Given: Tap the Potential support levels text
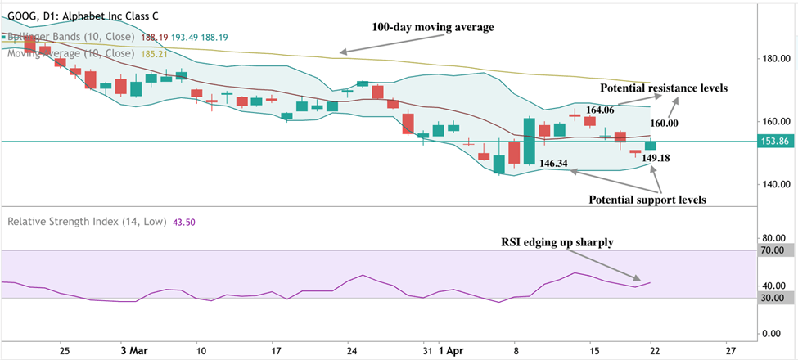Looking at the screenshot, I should coord(647,199).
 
